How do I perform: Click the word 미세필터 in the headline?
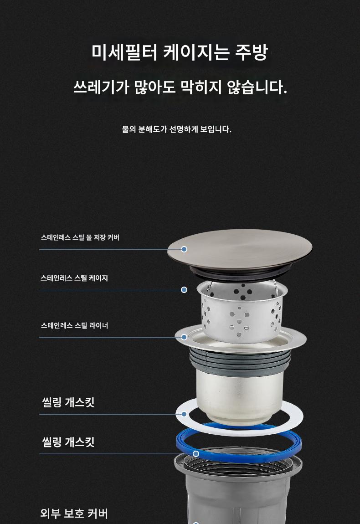[x=124, y=52]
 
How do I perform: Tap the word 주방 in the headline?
[x=252, y=52]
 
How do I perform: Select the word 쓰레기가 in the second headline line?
[x=101, y=87]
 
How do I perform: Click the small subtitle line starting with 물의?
[x=176, y=129]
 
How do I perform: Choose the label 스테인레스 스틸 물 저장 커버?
[x=80, y=237]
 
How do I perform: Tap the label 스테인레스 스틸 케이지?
[x=74, y=278]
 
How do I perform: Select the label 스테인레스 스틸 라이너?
[x=74, y=325]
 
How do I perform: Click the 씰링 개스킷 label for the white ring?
[x=68, y=402]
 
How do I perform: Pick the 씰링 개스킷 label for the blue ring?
[x=68, y=442]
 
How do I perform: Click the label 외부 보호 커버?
[x=74, y=514]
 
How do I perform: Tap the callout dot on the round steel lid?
[x=184, y=249]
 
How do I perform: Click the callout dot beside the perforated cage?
[x=184, y=290]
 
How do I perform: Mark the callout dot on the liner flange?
[x=184, y=337]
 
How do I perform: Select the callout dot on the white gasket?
[x=184, y=414]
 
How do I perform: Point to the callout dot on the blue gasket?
[x=196, y=454]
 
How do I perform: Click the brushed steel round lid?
[x=240, y=249]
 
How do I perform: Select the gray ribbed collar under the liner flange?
[x=240, y=359]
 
